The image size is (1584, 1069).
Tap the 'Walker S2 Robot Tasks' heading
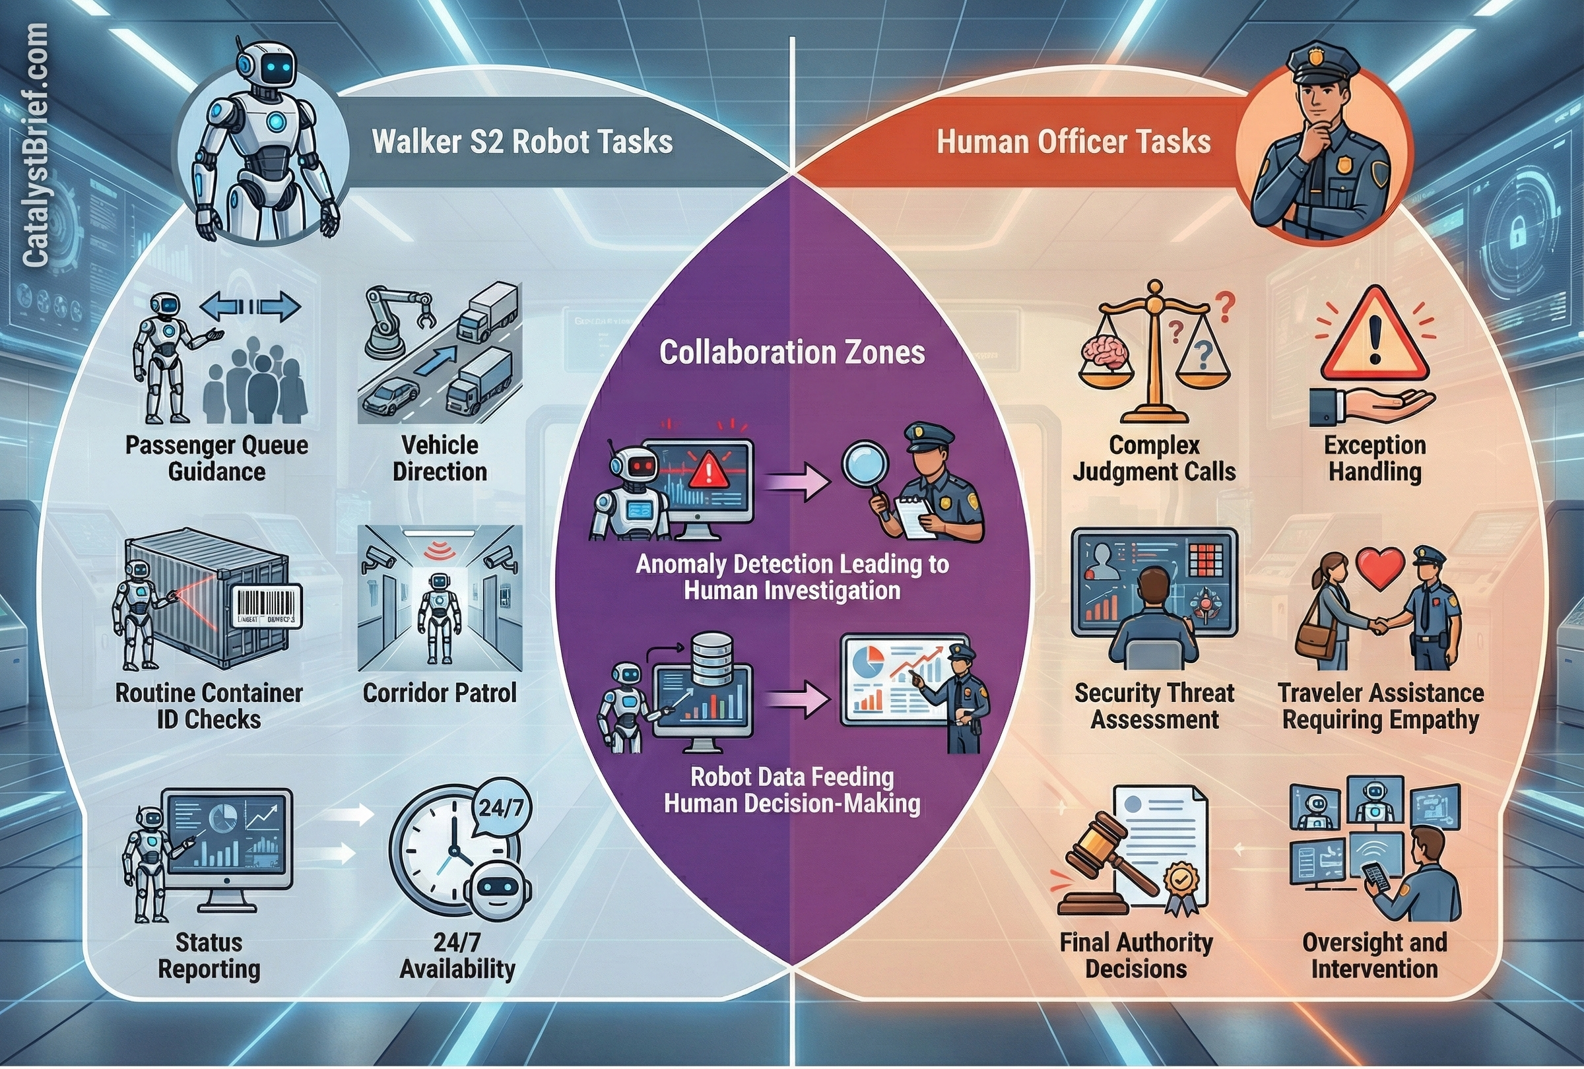coord(522,142)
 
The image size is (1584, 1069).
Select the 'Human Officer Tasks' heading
coord(1074,142)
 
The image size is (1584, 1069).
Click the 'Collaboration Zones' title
coord(792,352)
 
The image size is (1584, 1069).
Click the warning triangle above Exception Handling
coord(1374,337)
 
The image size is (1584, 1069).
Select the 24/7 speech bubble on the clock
coord(501,808)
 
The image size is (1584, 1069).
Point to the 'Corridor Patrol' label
coord(440,693)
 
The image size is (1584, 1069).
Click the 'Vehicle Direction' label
coord(440,458)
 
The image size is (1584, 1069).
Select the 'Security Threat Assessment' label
coord(1154,706)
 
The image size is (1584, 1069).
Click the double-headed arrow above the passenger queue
coord(250,308)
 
